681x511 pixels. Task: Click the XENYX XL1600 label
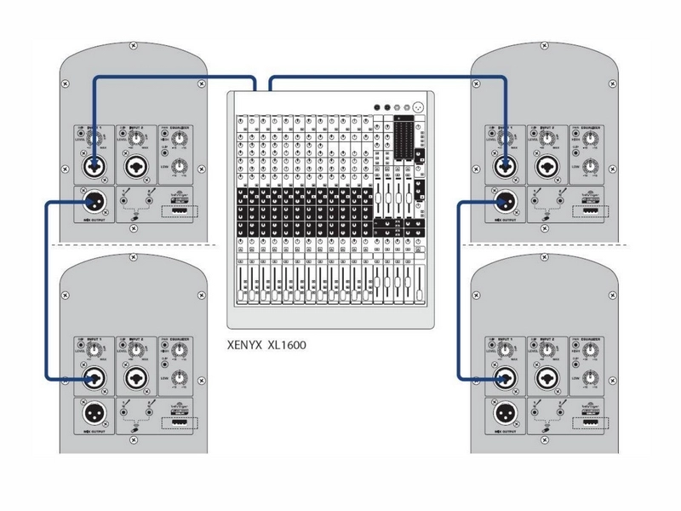coord(266,347)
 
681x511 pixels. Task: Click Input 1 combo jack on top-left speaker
coord(94,164)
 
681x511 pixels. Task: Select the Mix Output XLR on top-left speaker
coord(94,203)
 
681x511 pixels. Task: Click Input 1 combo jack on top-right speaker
coord(505,164)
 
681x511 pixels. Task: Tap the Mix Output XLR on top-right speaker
coord(505,203)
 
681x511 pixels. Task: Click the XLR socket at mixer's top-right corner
coord(416,106)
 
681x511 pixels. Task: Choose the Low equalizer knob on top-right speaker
coord(590,166)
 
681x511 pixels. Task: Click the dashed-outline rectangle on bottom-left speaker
coord(178,422)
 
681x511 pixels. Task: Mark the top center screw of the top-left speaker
coord(133,44)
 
